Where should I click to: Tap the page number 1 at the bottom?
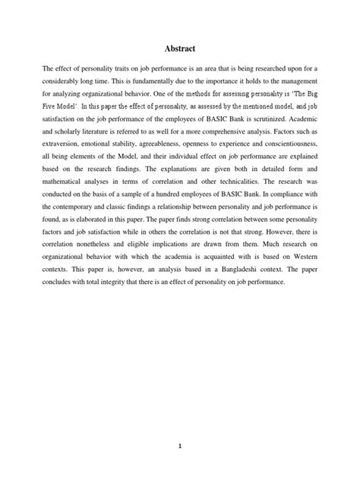(179, 425)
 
